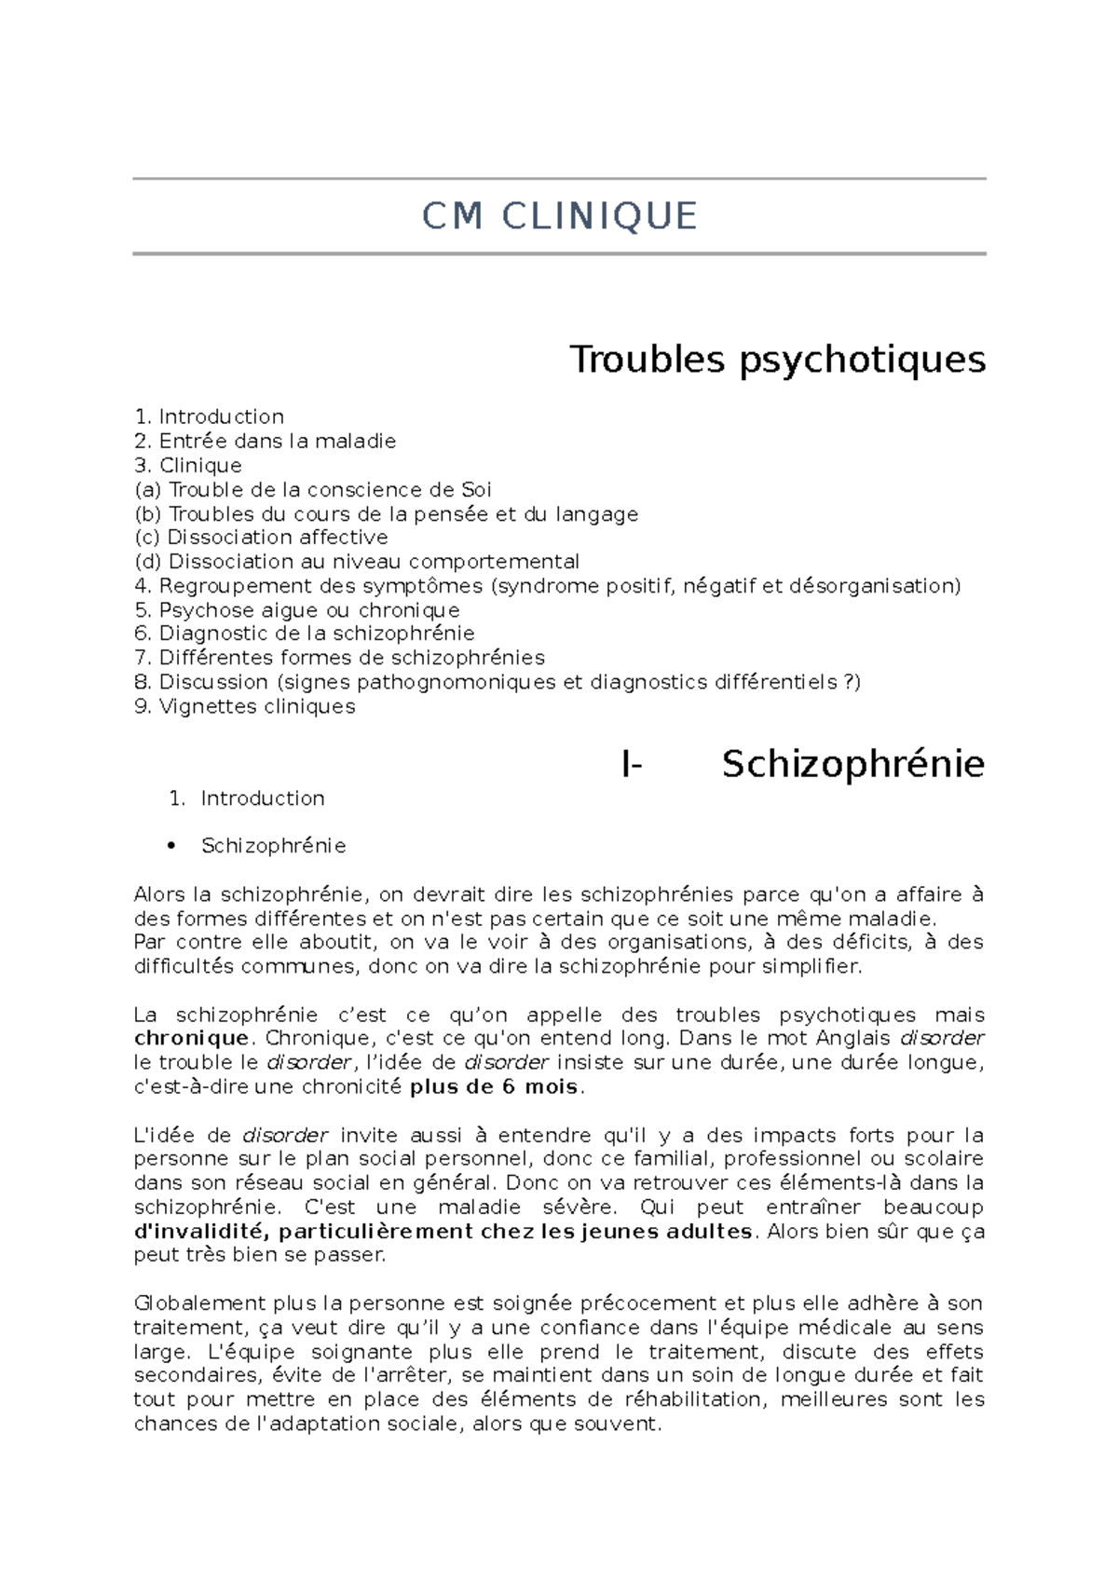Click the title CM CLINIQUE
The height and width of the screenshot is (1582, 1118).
559,216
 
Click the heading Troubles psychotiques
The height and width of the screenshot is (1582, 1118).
777,359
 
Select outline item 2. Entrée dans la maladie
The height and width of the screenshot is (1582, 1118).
266,441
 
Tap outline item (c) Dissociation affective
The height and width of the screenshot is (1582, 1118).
261,538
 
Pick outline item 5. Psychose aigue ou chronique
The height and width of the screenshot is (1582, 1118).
297,610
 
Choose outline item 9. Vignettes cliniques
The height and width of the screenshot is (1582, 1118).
245,706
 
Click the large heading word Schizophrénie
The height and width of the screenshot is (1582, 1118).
852,764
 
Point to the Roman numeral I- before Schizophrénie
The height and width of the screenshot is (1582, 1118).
632,764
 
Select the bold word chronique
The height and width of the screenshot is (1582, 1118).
191,1038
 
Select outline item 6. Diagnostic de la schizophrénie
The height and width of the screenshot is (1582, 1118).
305,634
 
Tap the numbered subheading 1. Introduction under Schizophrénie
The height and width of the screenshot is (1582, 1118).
247,798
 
